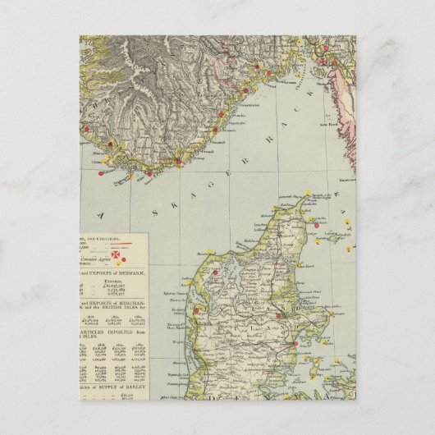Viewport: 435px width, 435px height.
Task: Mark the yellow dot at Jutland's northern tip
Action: pyautogui.click(x=309, y=197)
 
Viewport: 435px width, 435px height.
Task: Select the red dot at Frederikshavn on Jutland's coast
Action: pyautogui.click(x=312, y=219)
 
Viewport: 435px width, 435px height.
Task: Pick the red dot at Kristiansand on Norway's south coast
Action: pyautogui.click(x=149, y=173)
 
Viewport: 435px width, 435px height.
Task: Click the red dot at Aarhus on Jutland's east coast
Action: pyautogui.click(x=280, y=315)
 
